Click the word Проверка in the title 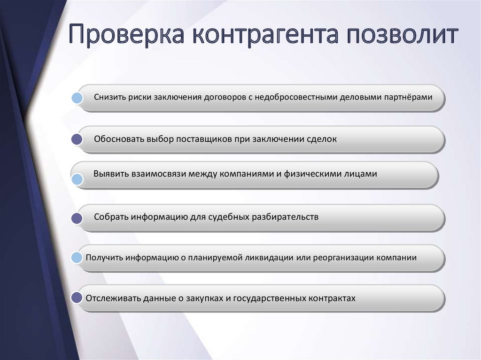tap(126, 34)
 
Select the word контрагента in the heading tap(266, 35)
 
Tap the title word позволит tap(403, 34)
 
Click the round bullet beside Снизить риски tap(77, 98)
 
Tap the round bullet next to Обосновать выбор tap(77, 139)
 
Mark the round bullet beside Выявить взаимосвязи tap(77, 179)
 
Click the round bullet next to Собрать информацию tap(77, 218)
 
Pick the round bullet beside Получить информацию tap(77, 258)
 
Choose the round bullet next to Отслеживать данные tap(77, 298)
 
